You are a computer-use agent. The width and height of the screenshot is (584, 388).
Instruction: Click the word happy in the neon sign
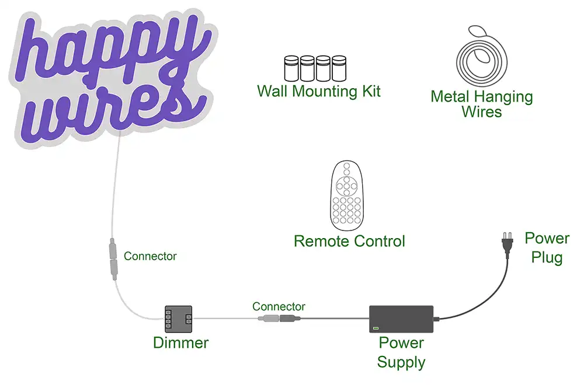click(x=111, y=50)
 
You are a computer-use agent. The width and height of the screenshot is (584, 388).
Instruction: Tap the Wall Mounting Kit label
click(x=319, y=92)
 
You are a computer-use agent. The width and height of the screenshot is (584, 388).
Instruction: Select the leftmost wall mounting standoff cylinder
click(x=291, y=68)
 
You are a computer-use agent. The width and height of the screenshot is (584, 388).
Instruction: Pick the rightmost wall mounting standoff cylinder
click(x=339, y=68)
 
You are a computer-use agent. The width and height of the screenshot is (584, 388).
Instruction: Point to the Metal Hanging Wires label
click(x=482, y=104)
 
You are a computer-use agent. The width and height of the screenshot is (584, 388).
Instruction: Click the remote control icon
click(x=347, y=196)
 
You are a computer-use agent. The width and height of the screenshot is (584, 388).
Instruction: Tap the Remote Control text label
click(x=349, y=241)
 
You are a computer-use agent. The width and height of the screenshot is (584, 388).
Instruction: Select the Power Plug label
click(x=547, y=247)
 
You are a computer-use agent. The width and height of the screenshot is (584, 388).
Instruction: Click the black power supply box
click(x=401, y=319)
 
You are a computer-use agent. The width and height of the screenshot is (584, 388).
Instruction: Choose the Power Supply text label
click(x=401, y=352)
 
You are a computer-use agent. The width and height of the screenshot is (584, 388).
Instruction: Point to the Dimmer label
click(x=180, y=343)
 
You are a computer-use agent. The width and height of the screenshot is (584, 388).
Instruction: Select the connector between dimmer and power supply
click(x=279, y=319)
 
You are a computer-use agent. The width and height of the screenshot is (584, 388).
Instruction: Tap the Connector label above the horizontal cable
click(x=279, y=306)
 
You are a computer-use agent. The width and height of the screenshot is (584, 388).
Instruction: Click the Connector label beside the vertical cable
click(x=150, y=256)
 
